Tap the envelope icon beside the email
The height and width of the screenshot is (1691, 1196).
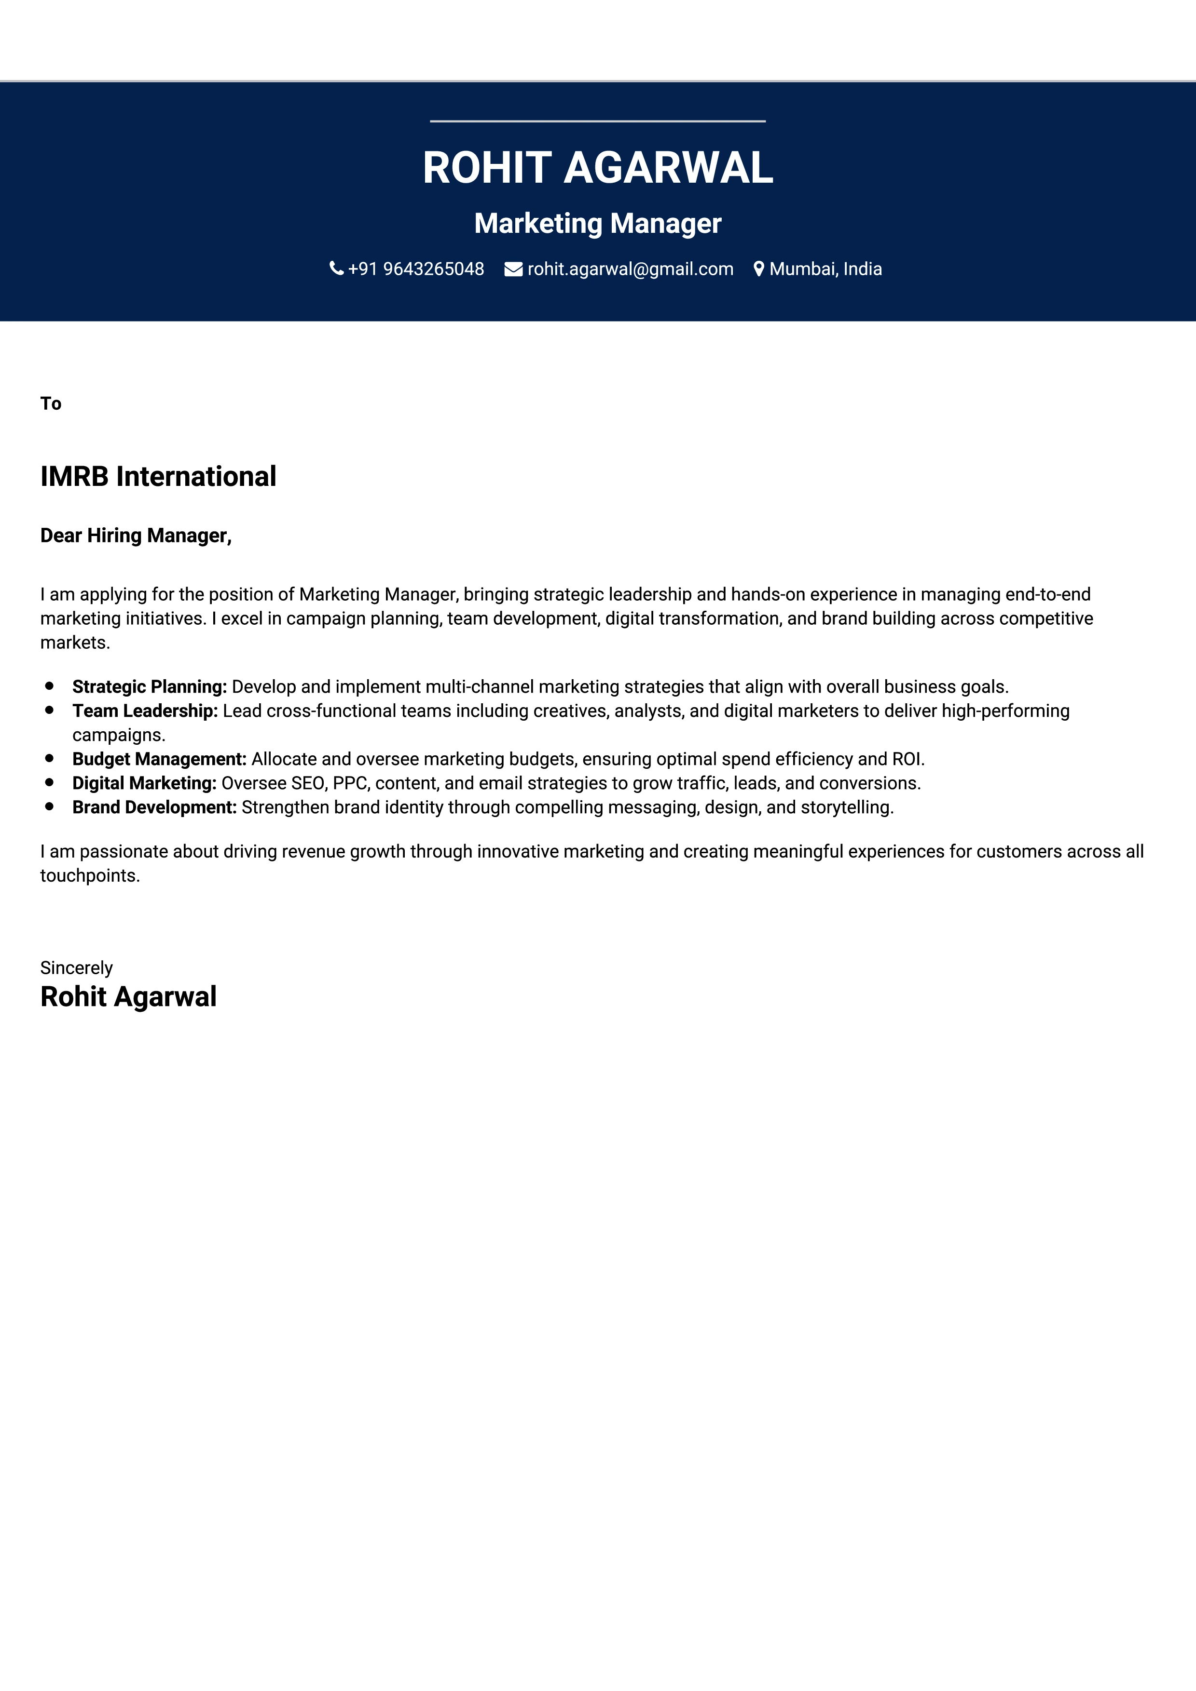tap(513, 269)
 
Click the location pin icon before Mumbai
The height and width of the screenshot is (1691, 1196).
tap(758, 269)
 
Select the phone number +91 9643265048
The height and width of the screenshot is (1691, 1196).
tap(415, 269)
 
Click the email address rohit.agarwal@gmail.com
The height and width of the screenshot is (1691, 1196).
tap(630, 269)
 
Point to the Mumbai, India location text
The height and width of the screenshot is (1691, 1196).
tap(825, 269)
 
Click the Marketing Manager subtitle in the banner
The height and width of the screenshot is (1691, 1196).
tap(598, 223)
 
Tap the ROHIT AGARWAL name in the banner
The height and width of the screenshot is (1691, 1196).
tap(598, 168)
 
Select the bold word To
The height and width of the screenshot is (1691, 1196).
tap(51, 403)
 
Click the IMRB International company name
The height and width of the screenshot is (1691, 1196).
tap(158, 477)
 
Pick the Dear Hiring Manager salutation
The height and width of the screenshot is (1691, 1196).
tap(136, 536)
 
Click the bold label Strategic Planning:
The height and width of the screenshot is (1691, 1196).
tap(150, 686)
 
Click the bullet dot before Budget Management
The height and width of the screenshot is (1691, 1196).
tap(49, 758)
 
